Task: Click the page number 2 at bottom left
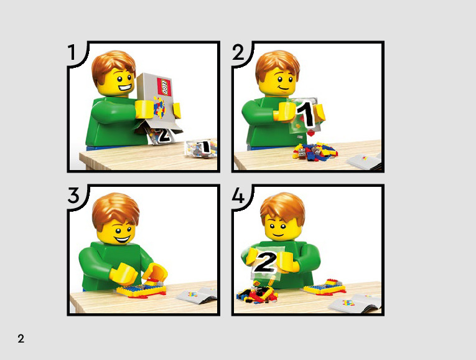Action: pos(21,338)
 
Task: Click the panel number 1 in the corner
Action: pos(72,52)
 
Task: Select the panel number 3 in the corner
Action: pos(73,195)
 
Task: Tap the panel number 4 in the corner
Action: pos(238,195)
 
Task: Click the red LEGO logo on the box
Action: pos(164,87)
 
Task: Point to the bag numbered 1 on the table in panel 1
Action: pos(201,149)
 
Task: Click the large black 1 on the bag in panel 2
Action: pos(306,113)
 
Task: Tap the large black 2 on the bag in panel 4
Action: pos(265,262)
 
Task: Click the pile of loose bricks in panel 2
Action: pos(315,151)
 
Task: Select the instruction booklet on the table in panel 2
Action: pos(364,161)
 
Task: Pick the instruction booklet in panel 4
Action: pos(355,303)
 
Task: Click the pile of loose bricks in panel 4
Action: pos(257,293)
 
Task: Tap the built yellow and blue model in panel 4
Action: pos(325,287)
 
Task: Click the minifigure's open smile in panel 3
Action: pos(122,239)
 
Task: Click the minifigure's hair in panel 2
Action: pos(277,65)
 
